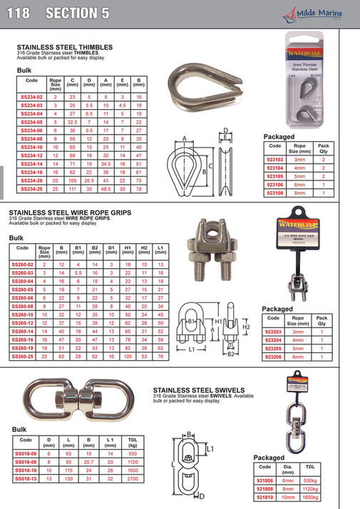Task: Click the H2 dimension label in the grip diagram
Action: click(x=247, y=327)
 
